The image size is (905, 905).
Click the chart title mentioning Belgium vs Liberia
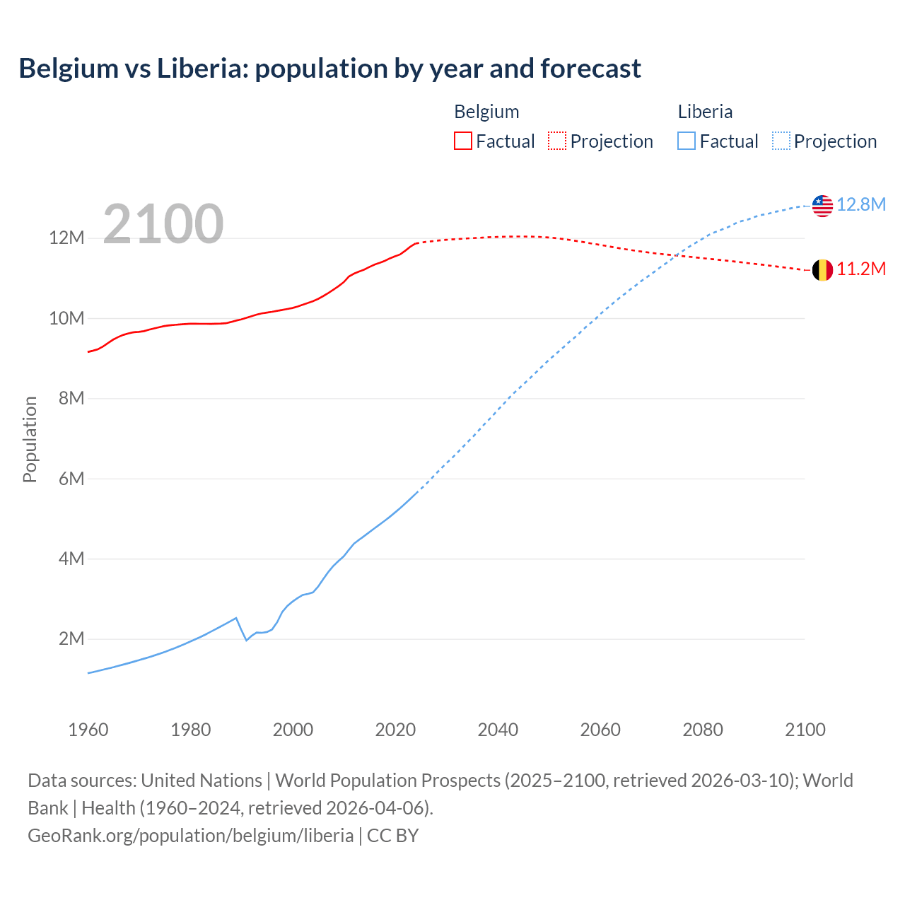pyautogui.click(x=329, y=69)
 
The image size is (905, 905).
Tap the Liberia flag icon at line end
pyautogui.click(x=822, y=206)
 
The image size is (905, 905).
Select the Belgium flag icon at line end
pyautogui.click(x=822, y=270)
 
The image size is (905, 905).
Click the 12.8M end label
pyautogui.click(x=861, y=205)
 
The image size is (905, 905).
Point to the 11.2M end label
pyautogui.click(x=861, y=269)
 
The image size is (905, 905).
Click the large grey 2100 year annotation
pyautogui.click(x=163, y=224)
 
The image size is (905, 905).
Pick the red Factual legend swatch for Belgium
pyautogui.click(x=462, y=141)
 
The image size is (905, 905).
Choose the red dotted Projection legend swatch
pyautogui.click(x=557, y=141)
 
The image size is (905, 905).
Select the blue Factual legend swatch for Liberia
pyautogui.click(x=687, y=141)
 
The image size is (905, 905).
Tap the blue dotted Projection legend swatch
pyautogui.click(x=781, y=141)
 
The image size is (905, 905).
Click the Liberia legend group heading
pyautogui.click(x=705, y=112)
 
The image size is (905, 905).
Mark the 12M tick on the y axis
pyautogui.click(x=66, y=238)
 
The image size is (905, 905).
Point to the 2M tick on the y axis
pyautogui.click(x=71, y=639)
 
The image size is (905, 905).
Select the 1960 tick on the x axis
pyautogui.click(x=88, y=730)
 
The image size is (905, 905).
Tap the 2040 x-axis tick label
pyautogui.click(x=498, y=730)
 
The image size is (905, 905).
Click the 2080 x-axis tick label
pyautogui.click(x=703, y=730)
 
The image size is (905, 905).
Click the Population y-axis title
pyautogui.click(x=30, y=439)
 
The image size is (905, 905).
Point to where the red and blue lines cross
pyautogui.click(x=678, y=255)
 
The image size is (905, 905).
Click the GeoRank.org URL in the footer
pyautogui.click(x=190, y=836)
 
